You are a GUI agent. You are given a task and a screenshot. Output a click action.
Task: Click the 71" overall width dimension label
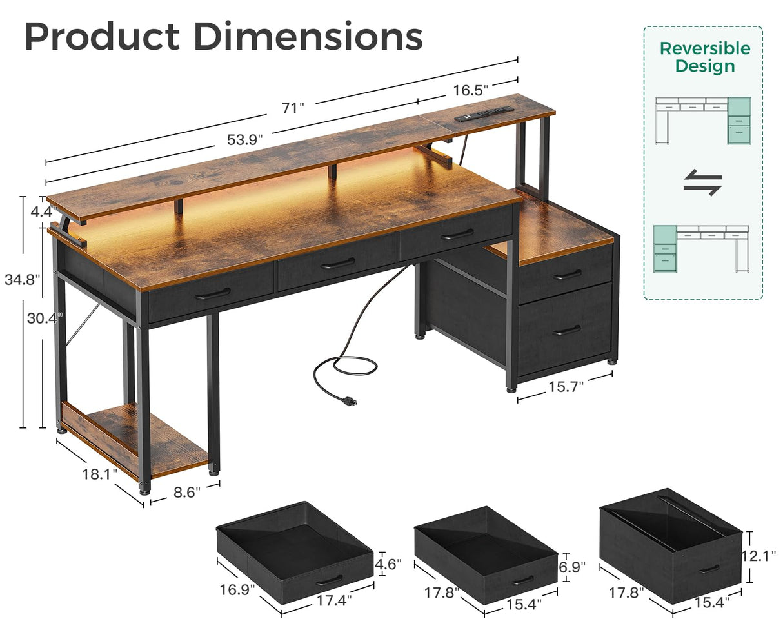point(292,108)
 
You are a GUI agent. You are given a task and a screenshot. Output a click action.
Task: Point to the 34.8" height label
point(22,280)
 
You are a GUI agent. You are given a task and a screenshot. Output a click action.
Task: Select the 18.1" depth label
point(100,474)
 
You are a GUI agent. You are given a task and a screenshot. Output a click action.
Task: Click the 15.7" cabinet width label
point(566,386)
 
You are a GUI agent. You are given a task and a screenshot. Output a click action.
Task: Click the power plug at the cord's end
point(350,400)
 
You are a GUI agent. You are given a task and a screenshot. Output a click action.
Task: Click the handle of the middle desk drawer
point(337,264)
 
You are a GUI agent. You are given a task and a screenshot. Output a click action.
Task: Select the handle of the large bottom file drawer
point(566,331)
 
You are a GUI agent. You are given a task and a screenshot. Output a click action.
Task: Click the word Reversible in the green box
point(704,48)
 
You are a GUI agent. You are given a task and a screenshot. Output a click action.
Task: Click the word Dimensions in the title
point(308,37)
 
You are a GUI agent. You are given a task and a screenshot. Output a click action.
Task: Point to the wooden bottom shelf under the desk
point(135,438)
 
